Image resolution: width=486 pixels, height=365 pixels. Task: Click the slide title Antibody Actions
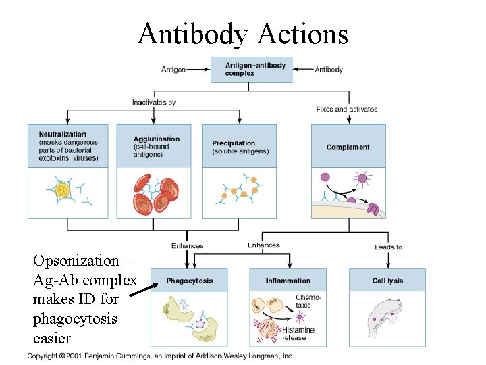[x=242, y=33]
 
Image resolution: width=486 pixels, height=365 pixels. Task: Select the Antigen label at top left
[x=173, y=69]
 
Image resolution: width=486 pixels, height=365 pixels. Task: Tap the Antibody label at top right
[x=329, y=69]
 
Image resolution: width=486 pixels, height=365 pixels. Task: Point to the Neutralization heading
[x=63, y=135]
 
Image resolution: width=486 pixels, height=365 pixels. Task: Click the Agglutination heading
[x=157, y=139]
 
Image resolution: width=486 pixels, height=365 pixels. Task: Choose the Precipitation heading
[x=234, y=143]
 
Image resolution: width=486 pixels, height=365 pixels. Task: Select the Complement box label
[x=348, y=147]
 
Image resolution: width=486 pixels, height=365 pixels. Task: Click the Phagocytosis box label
[x=189, y=281]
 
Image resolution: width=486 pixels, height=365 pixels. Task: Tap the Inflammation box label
[x=288, y=281]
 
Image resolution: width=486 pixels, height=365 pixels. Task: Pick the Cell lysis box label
[x=387, y=281]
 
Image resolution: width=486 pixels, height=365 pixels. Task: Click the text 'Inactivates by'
[x=154, y=103]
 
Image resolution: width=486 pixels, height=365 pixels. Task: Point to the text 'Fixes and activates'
[x=347, y=109]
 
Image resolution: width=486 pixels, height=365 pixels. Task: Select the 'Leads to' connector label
[x=388, y=247]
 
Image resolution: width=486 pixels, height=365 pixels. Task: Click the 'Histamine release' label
[x=298, y=334]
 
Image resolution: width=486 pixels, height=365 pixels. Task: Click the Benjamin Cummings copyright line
[x=161, y=356]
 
